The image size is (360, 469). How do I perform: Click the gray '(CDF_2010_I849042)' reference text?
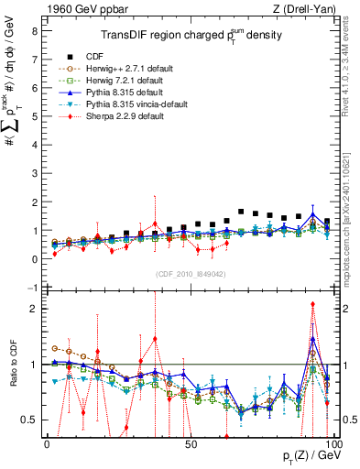point(189,272)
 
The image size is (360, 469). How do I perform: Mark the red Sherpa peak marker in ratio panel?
point(312,304)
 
